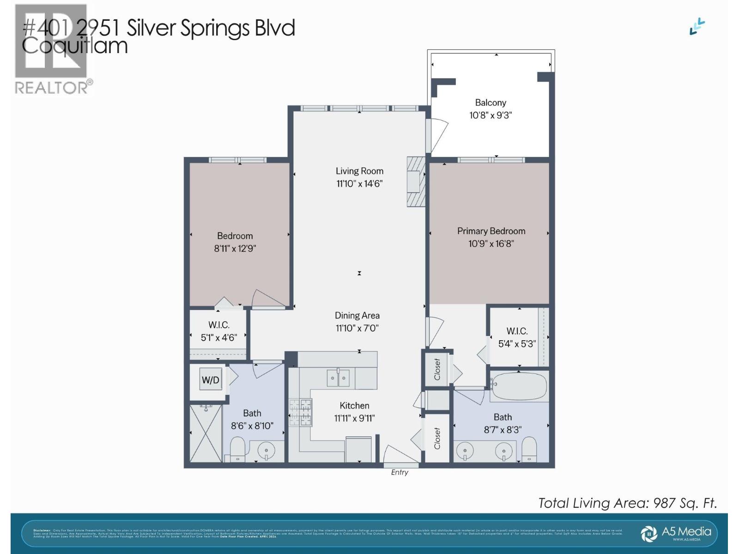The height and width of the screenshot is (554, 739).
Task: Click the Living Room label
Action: point(359,171)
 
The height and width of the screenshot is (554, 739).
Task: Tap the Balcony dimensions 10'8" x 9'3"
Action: point(491,115)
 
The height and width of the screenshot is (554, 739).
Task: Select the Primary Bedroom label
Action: point(491,231)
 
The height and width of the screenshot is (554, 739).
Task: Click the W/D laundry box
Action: point(211,380)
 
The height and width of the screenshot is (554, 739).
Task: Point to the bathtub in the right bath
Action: point(519,386)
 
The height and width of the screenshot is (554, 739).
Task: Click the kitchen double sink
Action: point(338,378)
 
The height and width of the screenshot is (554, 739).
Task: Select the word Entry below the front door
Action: point(400,472)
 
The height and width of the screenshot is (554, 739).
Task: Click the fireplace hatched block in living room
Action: point(415,181)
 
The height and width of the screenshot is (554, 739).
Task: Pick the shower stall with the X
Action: point(206,433)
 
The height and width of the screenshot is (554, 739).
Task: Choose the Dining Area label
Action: point(357,315)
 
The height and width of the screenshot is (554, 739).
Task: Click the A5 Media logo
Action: point(677,533)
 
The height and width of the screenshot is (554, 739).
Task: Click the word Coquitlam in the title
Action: point(75,46)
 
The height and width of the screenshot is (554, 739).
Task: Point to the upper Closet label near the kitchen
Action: point(437,370)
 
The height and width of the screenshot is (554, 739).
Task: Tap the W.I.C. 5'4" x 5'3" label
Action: point(517,337)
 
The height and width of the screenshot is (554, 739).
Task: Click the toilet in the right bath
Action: point(529,449)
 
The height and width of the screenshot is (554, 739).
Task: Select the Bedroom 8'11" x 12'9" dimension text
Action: point(235,248)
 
